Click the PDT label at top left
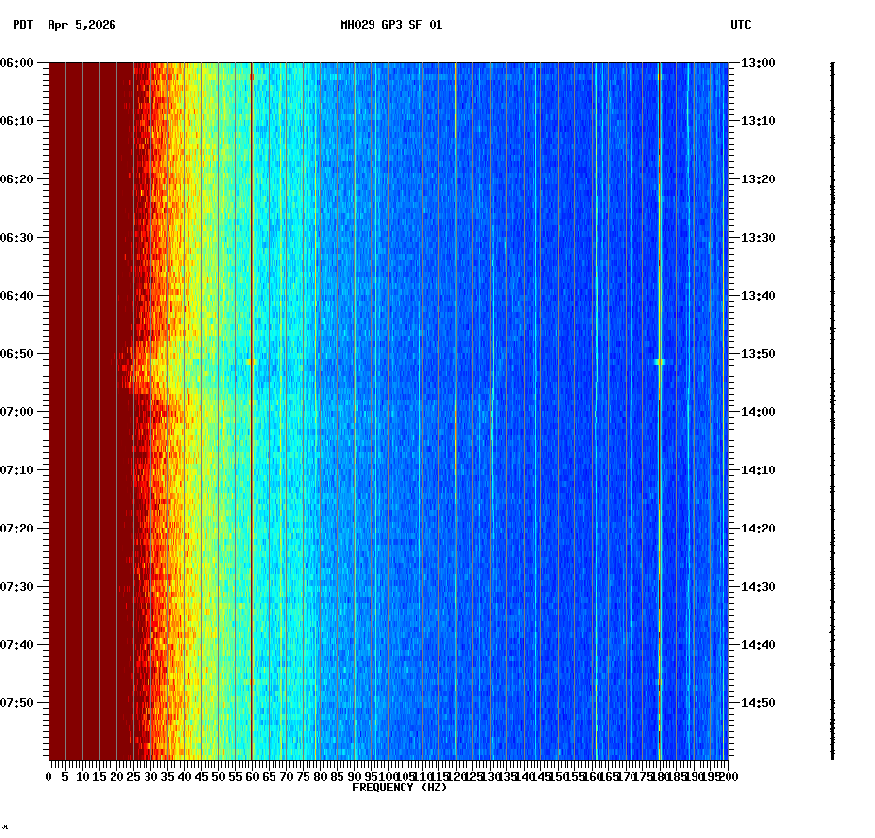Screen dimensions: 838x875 click(x=22, y=25)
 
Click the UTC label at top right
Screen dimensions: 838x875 click(x=740, y=25)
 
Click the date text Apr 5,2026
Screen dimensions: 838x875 click(x=81, y=25)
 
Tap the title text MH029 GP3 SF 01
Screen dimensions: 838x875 click(x=391, y=25)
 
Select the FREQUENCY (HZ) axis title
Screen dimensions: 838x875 click(x=399, y=788)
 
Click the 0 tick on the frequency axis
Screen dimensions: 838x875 click(x=49, y=777)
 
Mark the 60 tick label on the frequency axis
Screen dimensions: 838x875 click(x=252, y=777)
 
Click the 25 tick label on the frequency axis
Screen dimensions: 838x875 click(x=134, y=777)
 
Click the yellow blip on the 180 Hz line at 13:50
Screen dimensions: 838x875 click(x=660, y=361)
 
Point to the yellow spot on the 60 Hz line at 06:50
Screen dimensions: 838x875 click(x=251, y=361)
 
